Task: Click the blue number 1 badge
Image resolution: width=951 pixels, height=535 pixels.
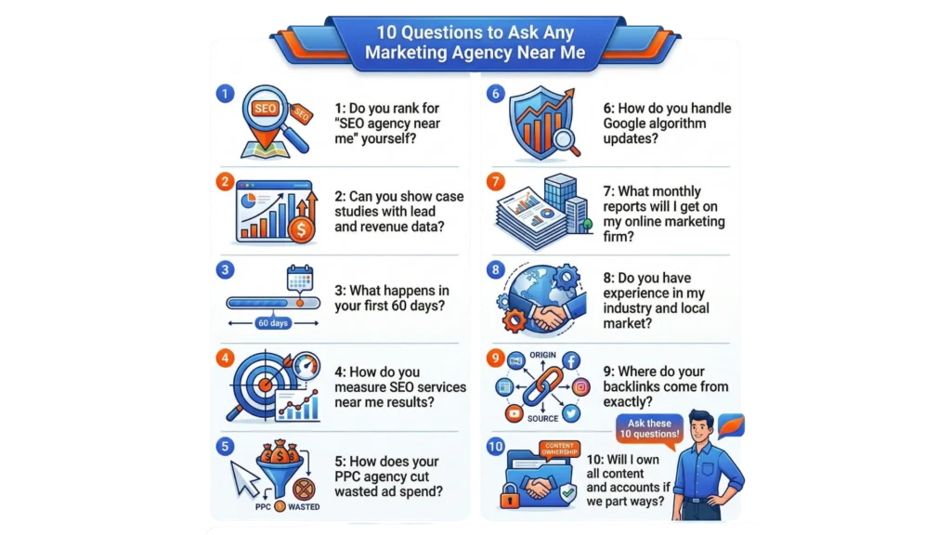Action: pyautogui.click(x=225, y=94)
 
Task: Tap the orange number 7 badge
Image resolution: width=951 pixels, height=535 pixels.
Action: pyautogui.click(x=496, y=181)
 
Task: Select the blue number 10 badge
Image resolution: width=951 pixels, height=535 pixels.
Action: pyautogui.click(x=496, y=447)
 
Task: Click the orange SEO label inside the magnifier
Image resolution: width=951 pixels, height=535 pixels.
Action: pyautogui.click(x=265, y=109)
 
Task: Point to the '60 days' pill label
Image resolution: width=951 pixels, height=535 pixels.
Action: pyautogui.click(x=273, y=323)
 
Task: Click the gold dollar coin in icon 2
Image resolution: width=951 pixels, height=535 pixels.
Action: pyautogui.click(x=302, y=230)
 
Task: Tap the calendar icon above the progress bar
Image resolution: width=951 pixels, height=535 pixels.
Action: pyautogui.click(x=300, y=279)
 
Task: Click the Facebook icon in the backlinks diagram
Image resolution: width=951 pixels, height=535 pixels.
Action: pyautogui.click(x=571, y=361)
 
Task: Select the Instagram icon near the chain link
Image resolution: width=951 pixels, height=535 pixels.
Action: pyautogui.click(x=580, y=387)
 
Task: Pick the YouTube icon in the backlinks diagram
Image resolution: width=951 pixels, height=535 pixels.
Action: pyautogui.click(x=515, y=413)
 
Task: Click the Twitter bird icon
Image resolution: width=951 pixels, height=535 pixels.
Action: pyautogui.click(x=571, y=413)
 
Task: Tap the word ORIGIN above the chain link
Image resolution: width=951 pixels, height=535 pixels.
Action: pyautogui.click(x=542, y=355)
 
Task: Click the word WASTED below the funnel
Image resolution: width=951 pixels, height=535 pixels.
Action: pyautogui.click(x=304, y=507)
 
